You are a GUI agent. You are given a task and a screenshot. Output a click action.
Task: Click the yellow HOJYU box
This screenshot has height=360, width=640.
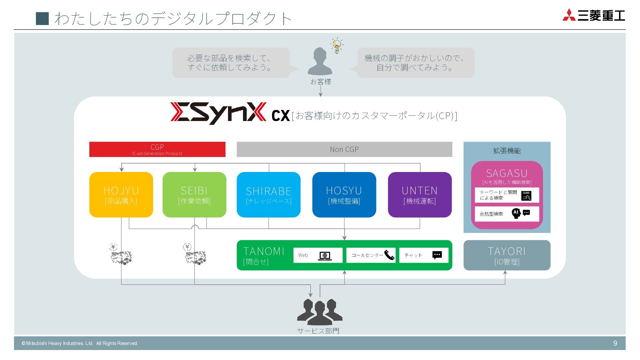coord(121,195)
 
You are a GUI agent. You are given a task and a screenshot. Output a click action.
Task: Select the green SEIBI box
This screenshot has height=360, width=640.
coord(194,195)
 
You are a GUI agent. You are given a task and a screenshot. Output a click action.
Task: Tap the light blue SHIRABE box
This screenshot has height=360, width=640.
coord(268,195)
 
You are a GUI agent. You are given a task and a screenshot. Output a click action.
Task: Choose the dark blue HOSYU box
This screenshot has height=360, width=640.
coord(344,195)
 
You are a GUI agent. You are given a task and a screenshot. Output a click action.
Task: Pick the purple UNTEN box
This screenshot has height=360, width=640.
coord(420,195)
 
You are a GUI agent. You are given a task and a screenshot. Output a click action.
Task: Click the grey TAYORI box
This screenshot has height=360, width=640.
coord(507,255)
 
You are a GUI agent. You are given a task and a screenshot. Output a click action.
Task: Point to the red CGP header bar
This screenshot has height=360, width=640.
coord(157,149)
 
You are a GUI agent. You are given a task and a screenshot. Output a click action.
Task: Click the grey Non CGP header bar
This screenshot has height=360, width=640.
coord(344,149)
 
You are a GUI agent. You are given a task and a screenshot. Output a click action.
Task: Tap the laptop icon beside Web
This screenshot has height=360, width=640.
coord(325,256)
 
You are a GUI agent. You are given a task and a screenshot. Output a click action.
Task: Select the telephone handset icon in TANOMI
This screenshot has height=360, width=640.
coord(389,255)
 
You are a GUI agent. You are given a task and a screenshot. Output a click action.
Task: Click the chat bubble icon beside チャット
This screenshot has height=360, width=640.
coord(437,255)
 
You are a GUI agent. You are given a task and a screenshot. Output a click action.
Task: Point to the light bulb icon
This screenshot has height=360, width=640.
coord(337,46)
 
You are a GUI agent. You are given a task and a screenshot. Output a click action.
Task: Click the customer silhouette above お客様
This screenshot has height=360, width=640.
coord(320,61)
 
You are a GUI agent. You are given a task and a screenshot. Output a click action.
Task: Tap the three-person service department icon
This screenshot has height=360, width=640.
coord(319,312)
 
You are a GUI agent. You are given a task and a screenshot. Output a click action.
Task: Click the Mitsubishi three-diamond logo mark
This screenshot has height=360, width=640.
coord(569,15)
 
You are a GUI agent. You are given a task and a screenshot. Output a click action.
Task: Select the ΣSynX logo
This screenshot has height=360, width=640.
coord(218,113)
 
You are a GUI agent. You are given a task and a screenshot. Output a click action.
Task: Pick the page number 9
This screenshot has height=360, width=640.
coord(615,343)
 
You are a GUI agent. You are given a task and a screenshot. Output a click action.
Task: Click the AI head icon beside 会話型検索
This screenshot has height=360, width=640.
coord(516,213)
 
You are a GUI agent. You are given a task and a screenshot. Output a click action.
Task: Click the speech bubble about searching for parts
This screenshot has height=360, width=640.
coord(231,63)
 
